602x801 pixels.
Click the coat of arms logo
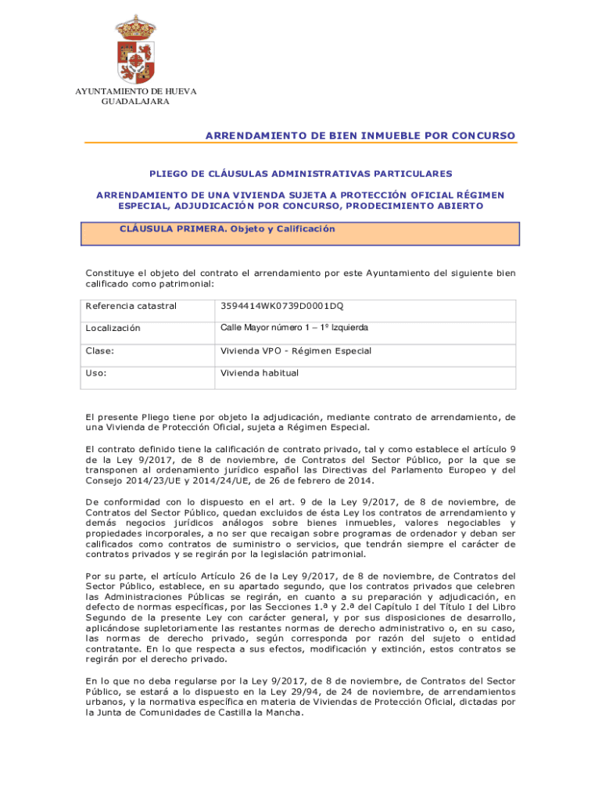135,49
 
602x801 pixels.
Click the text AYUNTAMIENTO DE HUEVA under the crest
135,92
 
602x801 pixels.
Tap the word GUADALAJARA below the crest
135,102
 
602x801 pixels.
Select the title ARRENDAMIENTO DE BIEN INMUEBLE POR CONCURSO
360,136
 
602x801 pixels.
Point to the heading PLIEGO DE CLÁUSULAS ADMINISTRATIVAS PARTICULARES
300,174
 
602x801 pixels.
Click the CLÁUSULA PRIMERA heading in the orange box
227,229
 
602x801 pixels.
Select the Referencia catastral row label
131,306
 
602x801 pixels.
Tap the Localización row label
113,329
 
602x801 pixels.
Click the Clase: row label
101,351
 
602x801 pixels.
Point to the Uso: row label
96,373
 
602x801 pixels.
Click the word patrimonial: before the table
184,285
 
